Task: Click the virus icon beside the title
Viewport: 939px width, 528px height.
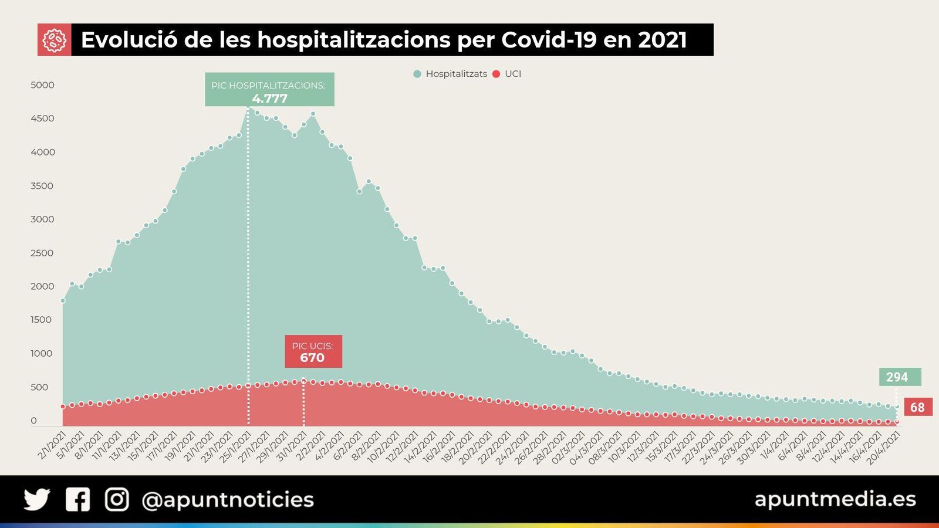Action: click(x=54, y=40)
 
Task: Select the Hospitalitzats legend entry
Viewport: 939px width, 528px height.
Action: click(x=450, y=74)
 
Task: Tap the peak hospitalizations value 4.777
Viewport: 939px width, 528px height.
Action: click(x=270, y=99)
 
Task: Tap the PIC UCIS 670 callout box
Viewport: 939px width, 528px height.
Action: click(x=313, y=351)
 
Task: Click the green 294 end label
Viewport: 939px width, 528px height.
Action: click(x=899, y=377)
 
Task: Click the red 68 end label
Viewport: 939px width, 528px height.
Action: click(x=917, y=407)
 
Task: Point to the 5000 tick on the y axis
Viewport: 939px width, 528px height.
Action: click(x=42, y=85)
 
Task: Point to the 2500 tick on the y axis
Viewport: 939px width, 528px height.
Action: click(x=42, y=253)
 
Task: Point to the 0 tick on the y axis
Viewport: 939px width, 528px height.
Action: click(x=33, y=421)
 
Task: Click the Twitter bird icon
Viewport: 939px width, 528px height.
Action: click(x=36, y=500)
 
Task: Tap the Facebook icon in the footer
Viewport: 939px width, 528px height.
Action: click(x=77, y=500)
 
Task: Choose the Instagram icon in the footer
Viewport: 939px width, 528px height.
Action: click(x=117, y=500)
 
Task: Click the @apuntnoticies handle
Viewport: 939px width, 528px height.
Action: click(x=228, y=500)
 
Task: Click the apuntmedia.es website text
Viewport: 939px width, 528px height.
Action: click(x=835, y=499)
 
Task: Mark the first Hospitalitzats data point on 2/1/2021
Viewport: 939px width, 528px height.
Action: click(x=63, y=301)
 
